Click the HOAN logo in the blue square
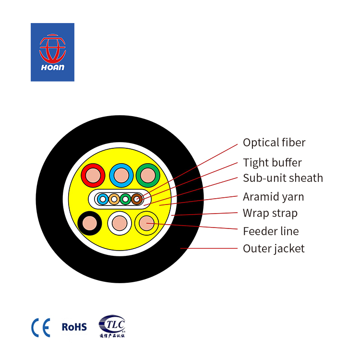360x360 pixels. [x=53, y=52]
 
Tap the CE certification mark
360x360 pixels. [x=41, y=328]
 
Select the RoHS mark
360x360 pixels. [x=74, y=327]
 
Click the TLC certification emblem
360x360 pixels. [x=112, y=326]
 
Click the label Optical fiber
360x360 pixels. [x=274, y=143]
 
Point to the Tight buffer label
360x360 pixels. [x=272, y=163]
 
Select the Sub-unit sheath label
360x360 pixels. [x=283, y=178]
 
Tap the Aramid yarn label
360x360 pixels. [x=274, y=197]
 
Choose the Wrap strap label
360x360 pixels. [x=270, y=213]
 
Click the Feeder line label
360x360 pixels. [x=271, y=231]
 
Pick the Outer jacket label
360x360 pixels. [x=274, y=249]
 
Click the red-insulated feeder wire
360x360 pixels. [x=93, y=175]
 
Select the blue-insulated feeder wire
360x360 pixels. [x=121, y=175]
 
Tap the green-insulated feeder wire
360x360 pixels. [x=148, y=175]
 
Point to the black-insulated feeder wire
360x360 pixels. [x=90, y=223]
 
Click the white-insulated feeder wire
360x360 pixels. [x=120, y=223]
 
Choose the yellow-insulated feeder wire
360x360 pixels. [x=146, y=223]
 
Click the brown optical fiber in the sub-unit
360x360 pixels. [x=137, y=199]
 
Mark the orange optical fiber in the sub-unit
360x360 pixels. [x=114, y=199]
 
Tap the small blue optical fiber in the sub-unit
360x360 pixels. [x=103, y=199]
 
